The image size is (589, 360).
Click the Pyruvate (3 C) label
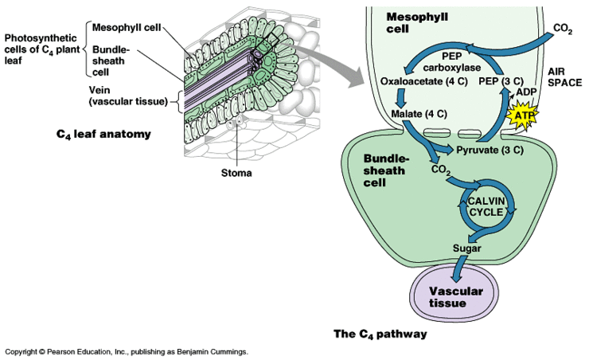(488, 149)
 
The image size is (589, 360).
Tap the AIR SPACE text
(564, 76)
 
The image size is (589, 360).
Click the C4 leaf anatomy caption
(103, 134)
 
